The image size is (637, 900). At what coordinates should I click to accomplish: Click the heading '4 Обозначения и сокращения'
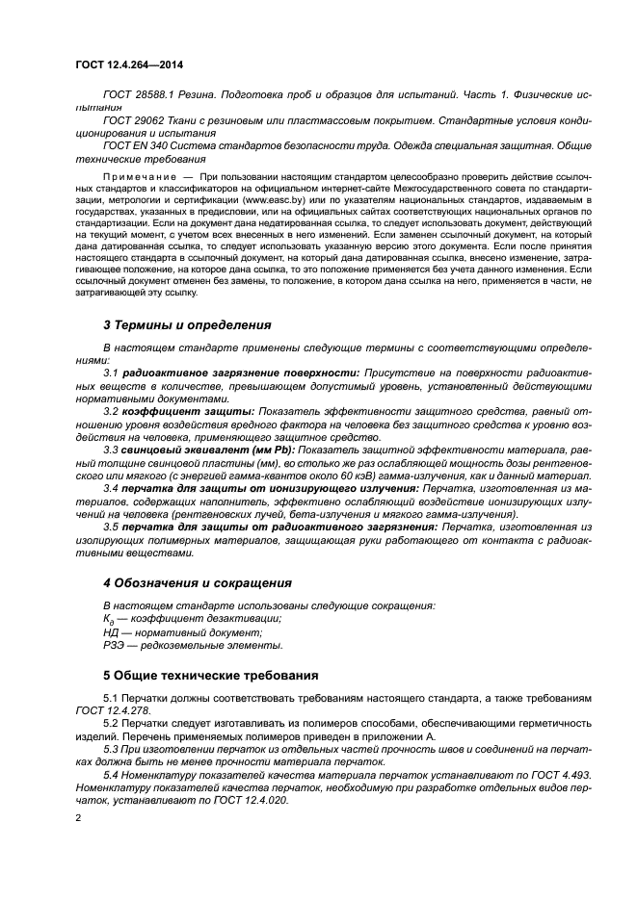tap(198, 583)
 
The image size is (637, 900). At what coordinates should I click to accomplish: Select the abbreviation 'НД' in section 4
tap(111, 632)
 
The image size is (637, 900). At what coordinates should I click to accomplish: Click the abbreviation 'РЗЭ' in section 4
tap(113, 647)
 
